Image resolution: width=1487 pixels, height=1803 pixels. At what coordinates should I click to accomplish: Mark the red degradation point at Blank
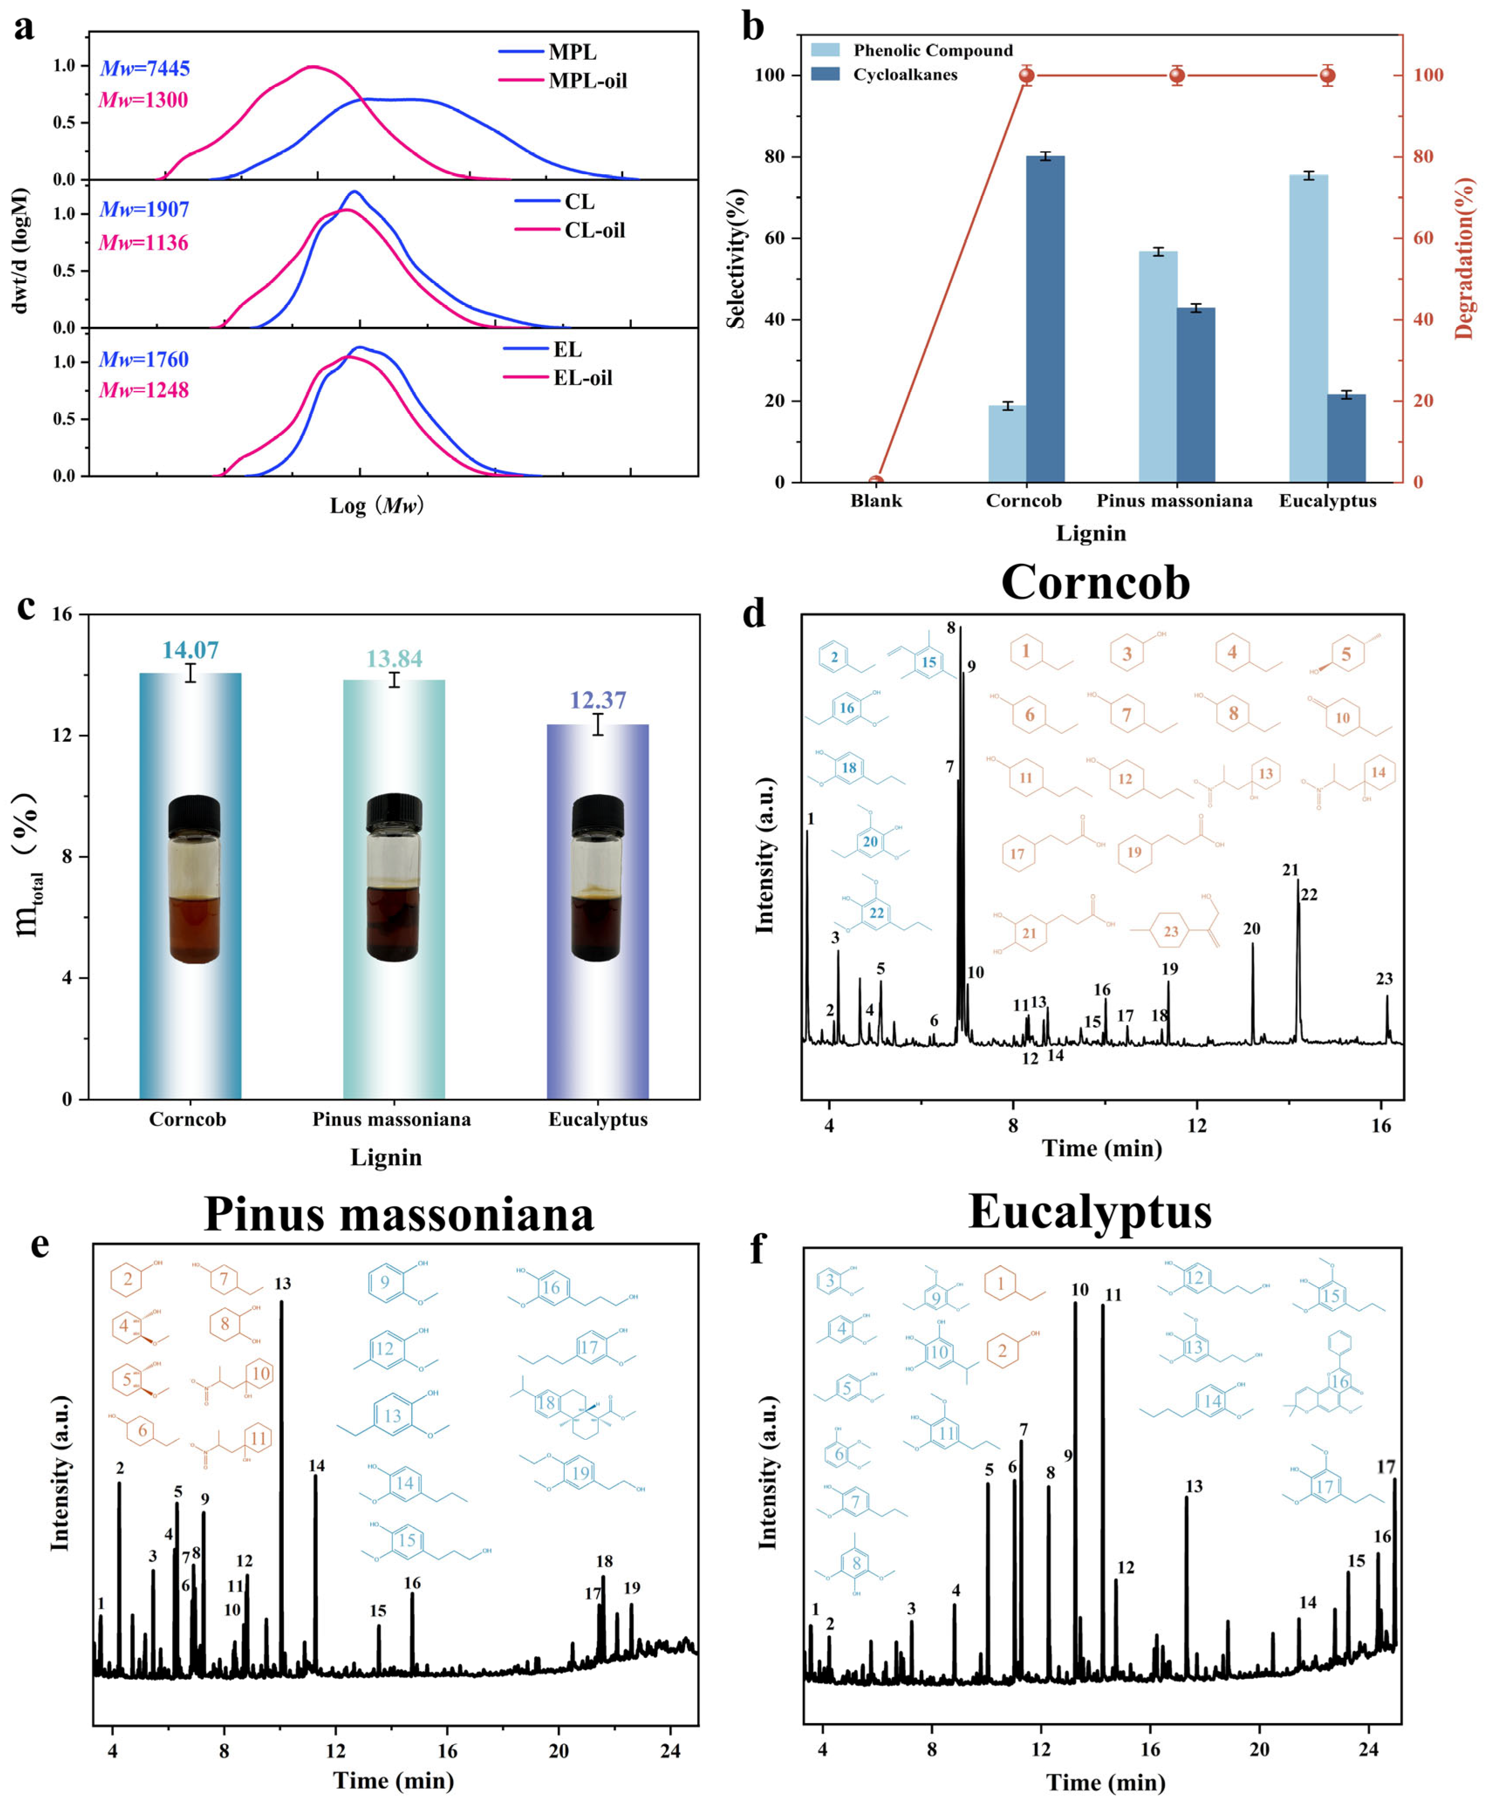[876, 482]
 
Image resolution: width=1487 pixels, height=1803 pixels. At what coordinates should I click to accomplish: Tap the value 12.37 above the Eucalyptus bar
[598, 701]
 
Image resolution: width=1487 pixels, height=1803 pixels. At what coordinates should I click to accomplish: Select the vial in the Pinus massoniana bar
[394, 878]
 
